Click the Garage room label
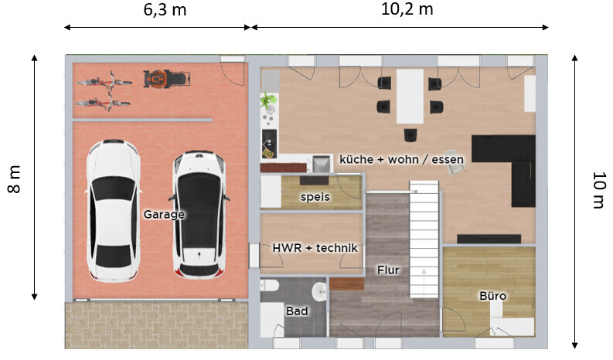164,214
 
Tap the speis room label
315,197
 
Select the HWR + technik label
315,248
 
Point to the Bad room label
297,311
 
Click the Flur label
388,270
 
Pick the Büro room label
492,296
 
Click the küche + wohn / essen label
401,159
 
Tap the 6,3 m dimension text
165,10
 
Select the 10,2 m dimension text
407,9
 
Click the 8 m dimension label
14,179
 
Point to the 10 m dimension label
598,190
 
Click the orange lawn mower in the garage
167,79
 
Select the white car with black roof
199,215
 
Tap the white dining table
410,96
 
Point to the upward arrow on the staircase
424,280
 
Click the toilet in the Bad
270,286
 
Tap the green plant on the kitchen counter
268,100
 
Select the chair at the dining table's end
410,135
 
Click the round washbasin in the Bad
319,292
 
